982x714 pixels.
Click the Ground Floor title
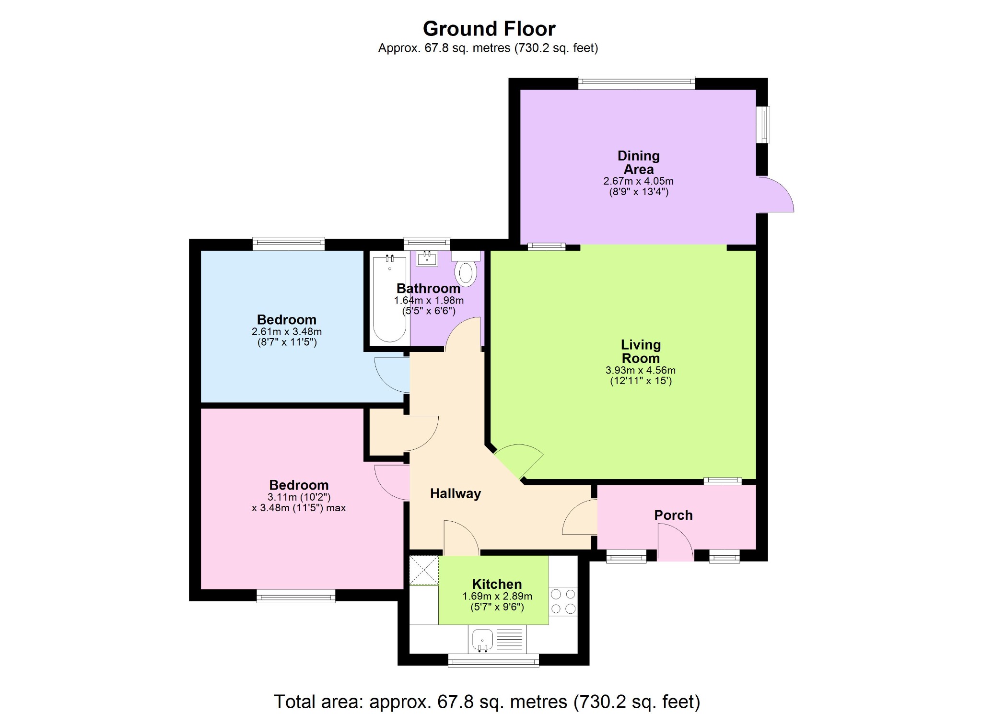(489, 29)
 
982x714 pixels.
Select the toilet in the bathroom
(466, 273)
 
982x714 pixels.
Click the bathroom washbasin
(427, 259)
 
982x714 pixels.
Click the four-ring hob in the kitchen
(563, 601)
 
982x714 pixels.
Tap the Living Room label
(641, 351)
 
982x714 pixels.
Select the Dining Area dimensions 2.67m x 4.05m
(638, 181)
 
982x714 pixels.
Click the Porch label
(673, 515)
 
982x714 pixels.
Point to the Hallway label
(455, 493)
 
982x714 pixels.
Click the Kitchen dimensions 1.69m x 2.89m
(497, 596)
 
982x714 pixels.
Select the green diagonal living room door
(519, 460)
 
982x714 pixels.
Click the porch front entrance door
(675, 542)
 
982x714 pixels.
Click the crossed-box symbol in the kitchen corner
(424, 570)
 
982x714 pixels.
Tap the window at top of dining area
(636, 82)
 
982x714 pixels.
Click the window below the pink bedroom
(296, 597)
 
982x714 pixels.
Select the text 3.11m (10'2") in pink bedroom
(299, 497)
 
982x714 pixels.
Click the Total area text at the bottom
(487, 702)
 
